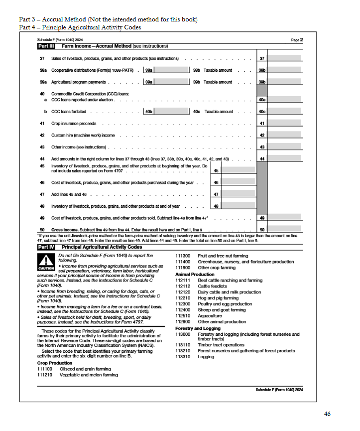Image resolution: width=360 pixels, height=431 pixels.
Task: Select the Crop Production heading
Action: coord(54,363)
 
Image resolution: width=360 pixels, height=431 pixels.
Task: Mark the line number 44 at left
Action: coord(42,158)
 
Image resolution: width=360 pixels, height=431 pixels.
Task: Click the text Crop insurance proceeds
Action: coord(73,123)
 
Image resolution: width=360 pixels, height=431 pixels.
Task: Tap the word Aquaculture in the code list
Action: coord(210,316)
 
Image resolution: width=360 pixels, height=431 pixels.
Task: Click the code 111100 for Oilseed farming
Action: coord(45,369)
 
